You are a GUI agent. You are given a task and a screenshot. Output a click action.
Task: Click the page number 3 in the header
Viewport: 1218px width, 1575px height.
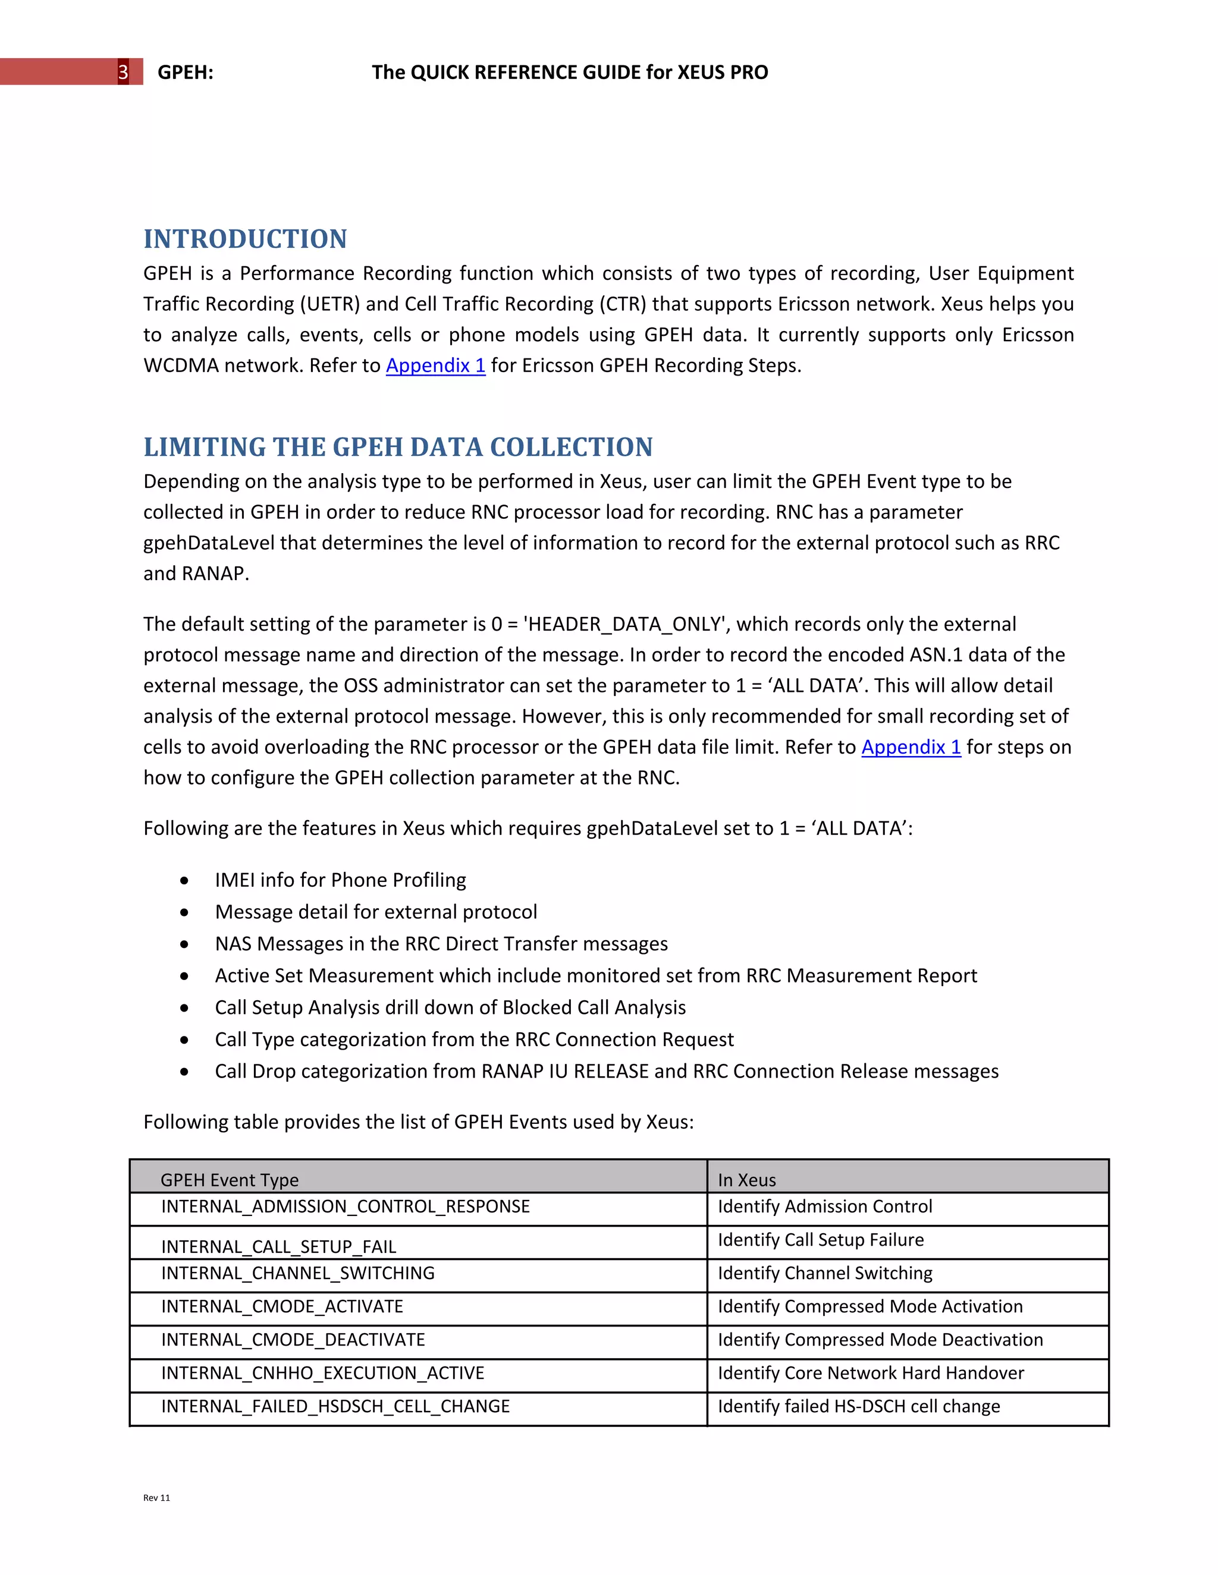(x=123, y=72)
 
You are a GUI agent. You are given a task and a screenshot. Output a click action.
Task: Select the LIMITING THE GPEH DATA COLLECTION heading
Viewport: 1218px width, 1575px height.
(x=398, y=447)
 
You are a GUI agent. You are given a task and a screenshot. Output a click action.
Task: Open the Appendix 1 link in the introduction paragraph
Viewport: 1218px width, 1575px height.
(x=435, y=366)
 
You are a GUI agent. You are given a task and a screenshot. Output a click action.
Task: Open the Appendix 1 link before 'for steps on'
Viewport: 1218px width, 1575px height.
(x=911, y=747)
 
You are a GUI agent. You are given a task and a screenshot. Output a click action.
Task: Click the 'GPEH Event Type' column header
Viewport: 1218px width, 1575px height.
(x=230, y=1180)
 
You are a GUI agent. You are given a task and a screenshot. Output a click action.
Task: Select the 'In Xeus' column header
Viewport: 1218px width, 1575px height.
(x=747, y=1180)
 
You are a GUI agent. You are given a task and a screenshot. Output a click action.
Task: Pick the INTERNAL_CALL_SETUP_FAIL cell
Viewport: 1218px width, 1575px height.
(x=278, y=1246)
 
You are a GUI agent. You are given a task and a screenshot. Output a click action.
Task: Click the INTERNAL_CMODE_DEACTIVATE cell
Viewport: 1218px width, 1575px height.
(x=293, y=1340)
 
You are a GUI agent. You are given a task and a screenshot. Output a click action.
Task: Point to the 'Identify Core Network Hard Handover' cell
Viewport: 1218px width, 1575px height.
(x=870, y=1373)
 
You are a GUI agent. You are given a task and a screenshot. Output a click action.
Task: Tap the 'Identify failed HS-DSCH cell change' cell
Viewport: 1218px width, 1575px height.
(x=859, y=1406)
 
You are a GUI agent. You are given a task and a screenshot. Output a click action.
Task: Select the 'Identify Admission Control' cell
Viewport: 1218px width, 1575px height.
(x=825, y=1207)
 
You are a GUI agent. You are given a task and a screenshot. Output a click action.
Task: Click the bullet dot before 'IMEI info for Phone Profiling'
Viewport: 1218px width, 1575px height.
(x=186, y=881)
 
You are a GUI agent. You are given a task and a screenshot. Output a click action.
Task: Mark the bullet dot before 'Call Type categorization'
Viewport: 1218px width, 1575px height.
(x=186, y=1040)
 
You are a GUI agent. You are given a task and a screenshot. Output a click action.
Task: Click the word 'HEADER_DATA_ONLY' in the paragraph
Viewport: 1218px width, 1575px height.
(x=624, y=625)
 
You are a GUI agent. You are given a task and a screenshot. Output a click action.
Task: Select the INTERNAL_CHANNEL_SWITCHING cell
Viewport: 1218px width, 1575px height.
(x=297, y=1274)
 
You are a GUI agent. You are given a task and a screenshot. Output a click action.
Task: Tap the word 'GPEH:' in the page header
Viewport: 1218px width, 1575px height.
(x=186, y=72)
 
